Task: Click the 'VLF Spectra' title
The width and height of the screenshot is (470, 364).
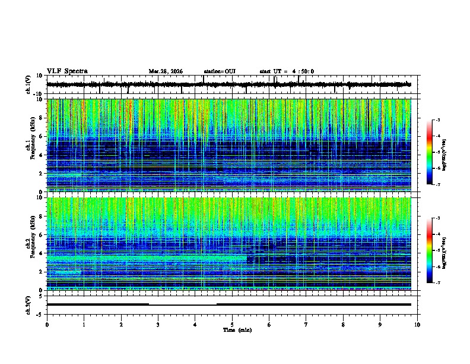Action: point(67,71)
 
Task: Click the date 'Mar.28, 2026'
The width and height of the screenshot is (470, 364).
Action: point(166,71)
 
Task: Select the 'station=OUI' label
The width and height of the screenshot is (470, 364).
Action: point(220,71)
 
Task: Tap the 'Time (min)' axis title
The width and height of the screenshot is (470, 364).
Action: point(237,330)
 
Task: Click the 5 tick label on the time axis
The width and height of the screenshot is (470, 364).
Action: point(232,324)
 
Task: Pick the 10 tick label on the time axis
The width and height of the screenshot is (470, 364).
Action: point(417,324)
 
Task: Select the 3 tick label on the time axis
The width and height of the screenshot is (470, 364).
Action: point(158,324)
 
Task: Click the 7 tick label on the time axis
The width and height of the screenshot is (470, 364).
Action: point(306,324)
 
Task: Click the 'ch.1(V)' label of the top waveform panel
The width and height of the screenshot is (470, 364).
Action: point(28,85)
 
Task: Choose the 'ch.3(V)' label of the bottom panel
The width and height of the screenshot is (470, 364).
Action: point(28,304)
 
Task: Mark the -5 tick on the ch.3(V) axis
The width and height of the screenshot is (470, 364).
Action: point(40,313)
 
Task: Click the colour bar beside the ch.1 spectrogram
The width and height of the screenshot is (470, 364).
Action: point(429,152)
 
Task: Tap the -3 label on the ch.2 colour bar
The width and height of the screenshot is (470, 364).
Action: point(437,219)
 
